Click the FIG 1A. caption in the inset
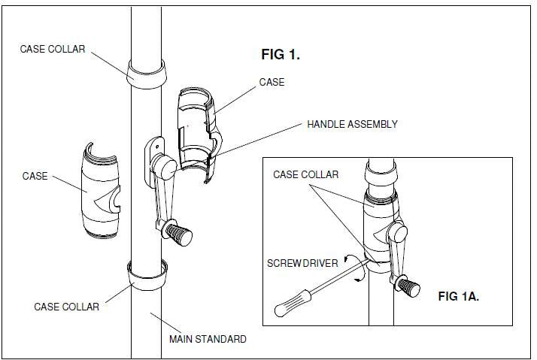(x=458, y=296)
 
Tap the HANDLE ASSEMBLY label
(x=352, y=124)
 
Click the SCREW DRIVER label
(x=300, y=263)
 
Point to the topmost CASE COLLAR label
(x=53, y=49)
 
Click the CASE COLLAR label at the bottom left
(x=67, y=307)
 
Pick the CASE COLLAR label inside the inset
(x=305, y=175)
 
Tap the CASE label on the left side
(x=35, y=177)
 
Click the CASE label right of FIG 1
(x=272, y=82)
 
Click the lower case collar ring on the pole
(x=147, y=277)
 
